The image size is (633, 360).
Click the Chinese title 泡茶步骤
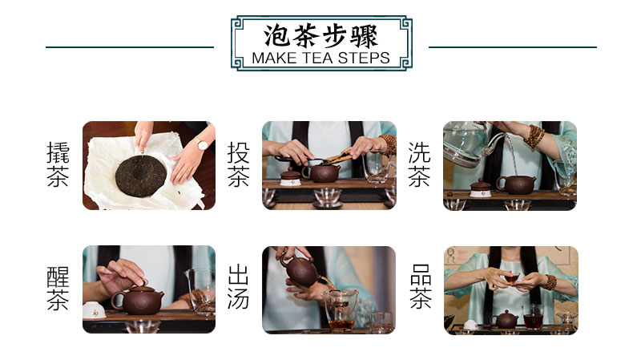(x=321, y=36)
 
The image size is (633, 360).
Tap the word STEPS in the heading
(x=364, y=59)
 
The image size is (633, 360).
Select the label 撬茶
(x=58, y=164)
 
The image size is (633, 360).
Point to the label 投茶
(x=238, y=164)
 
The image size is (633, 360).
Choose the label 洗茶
(x=419, y=164)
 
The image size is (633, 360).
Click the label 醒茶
(x=58, y=289)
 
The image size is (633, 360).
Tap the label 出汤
(x=238, y=287)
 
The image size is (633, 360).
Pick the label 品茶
(x=421, y=286)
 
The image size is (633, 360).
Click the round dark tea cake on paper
(x=140, y=176)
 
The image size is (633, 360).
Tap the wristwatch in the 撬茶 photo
(x=202, y=144)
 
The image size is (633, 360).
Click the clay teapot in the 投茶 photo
(x=321, y=172)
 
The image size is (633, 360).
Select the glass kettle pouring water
(x=470, y=144)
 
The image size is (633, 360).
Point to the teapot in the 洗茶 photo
(x=516, y=184)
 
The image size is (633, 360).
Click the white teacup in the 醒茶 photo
(x=94, y=310)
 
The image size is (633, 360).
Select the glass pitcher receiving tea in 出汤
(x=340, y=309)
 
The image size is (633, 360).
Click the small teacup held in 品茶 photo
(x=512, y=278)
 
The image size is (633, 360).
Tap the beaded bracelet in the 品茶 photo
(x=550, y=282)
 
